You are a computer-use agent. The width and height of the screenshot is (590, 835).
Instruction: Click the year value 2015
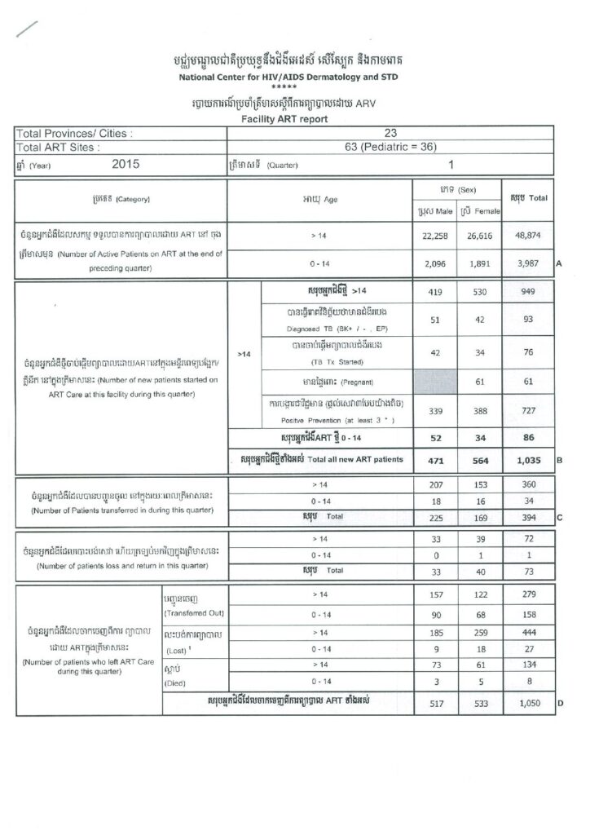(123, 164)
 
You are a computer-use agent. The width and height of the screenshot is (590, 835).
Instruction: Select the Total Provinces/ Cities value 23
(390, 133)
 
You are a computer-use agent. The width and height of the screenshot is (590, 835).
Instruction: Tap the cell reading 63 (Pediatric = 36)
(390, 148)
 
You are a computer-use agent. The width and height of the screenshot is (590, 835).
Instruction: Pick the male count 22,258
(432, 236)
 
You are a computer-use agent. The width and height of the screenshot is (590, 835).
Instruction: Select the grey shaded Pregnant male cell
(432, 381)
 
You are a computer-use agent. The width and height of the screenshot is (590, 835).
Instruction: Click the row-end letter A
(559, 264)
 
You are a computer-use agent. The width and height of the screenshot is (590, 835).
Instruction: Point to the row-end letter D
(559, 704)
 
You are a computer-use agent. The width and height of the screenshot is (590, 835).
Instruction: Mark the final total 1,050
(527, 704)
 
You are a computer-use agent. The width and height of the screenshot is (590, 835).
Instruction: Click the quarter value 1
(450, 164)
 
